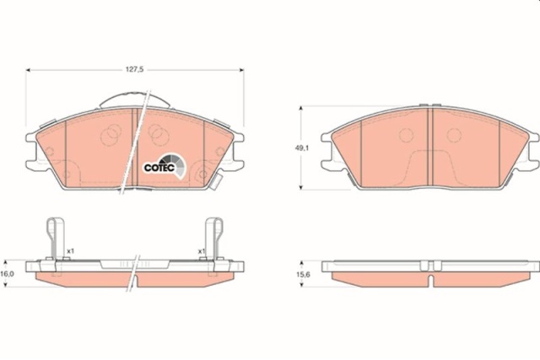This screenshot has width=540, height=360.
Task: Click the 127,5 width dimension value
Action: [134, 69]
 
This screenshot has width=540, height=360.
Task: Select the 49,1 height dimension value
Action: [302, 148]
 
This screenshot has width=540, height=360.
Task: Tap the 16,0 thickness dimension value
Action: [7, 274]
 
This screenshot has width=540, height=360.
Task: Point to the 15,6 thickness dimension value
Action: [303, 274]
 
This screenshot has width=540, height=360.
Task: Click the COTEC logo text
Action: [159, 168]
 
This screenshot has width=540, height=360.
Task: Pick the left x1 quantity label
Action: [70, 251]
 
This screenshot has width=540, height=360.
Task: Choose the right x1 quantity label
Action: [202, 251]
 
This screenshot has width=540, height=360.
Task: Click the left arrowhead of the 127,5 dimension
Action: [28, 70]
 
